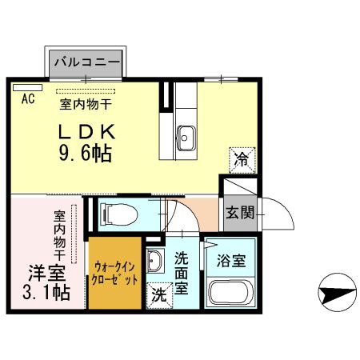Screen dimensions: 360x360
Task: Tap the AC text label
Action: (x=27, y=99)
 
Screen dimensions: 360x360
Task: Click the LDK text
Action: (x=87, y=130)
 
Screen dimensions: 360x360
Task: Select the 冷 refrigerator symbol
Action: (x=241, y=158)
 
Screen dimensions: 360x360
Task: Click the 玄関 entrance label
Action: (x=239, y=212)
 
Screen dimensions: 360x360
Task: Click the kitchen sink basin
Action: (x=186, y=136)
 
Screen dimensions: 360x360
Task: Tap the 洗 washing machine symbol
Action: (x=159, y=293)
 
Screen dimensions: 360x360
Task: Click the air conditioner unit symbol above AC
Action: (x=27, y=86)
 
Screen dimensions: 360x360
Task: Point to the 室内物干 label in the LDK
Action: (x=84, y=102)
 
